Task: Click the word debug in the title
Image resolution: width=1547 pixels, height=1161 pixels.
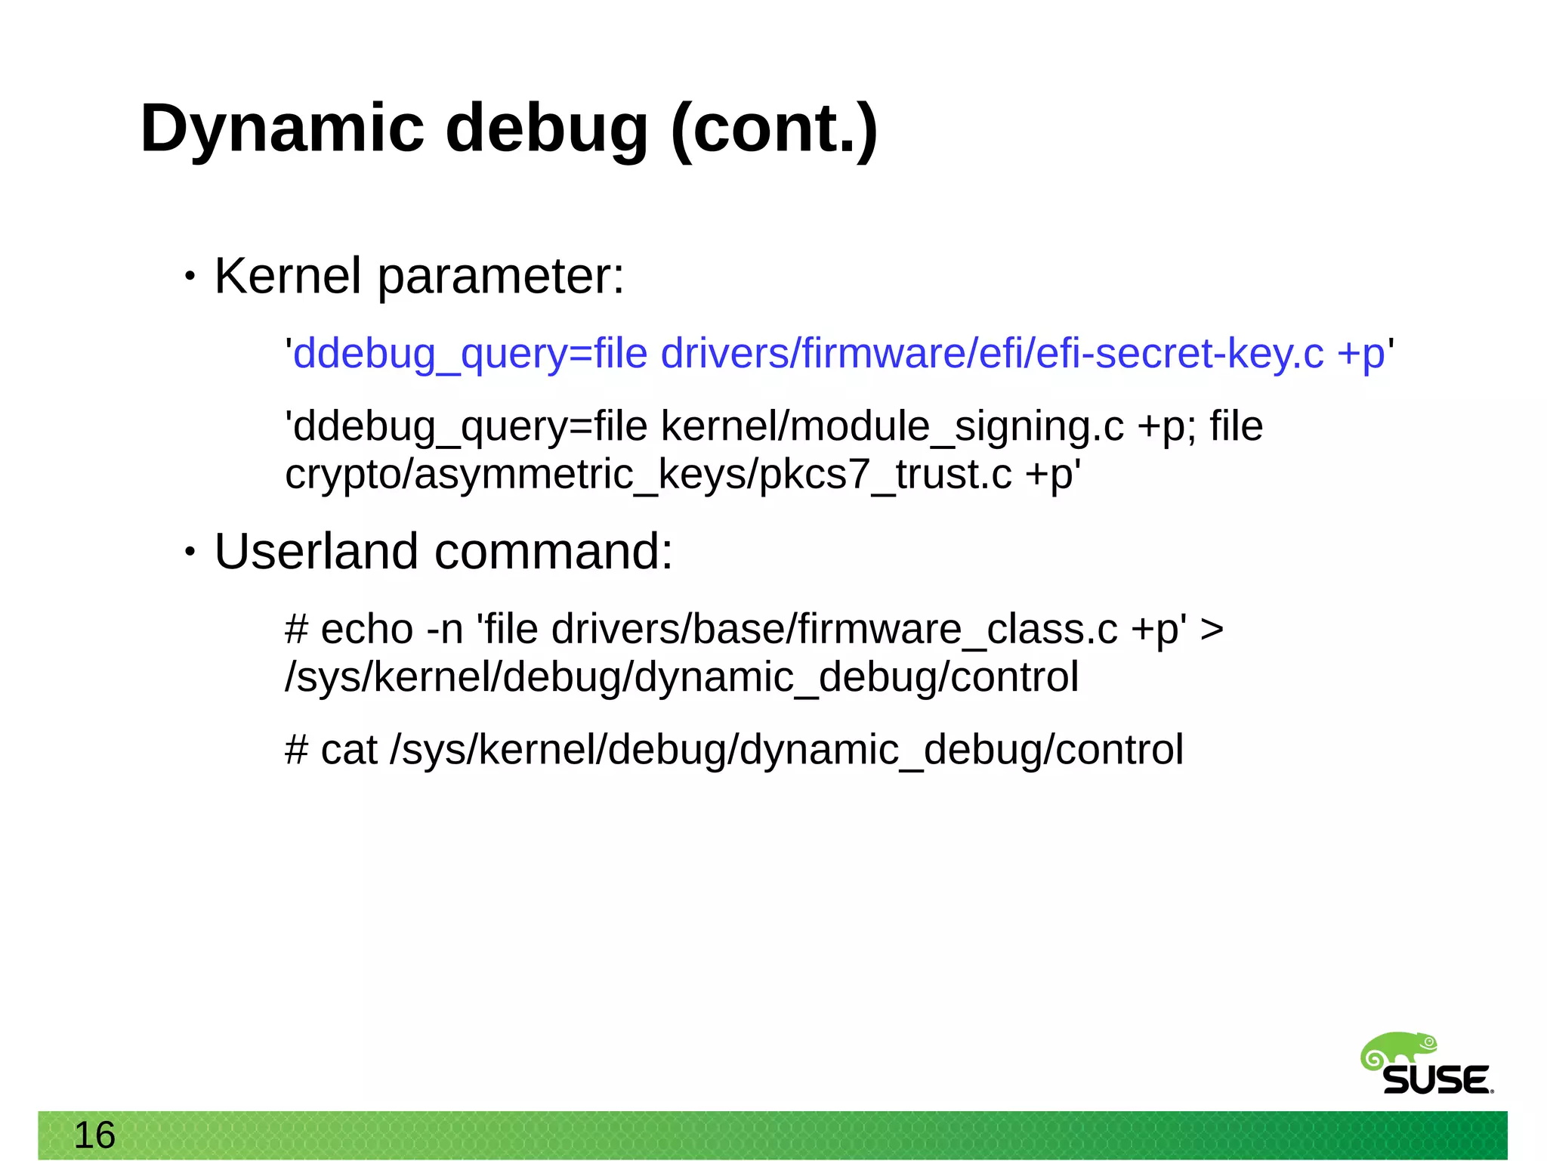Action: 546,128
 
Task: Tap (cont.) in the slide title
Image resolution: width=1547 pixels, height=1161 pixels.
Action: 773,128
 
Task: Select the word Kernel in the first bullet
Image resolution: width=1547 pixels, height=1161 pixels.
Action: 288,276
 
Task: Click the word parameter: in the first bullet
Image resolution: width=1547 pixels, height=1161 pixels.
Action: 501,277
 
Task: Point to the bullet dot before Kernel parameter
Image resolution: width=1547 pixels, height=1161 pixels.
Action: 190,277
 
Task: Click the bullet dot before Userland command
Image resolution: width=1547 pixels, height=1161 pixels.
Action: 190,553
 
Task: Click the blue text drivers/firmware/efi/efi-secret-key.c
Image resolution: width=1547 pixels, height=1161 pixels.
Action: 992,354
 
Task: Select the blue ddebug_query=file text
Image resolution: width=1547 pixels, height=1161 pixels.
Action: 470,354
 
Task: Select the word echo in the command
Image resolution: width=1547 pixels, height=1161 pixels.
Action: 367,629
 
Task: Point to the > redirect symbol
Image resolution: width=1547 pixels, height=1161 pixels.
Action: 1211,630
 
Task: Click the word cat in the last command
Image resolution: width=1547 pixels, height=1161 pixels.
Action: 348,750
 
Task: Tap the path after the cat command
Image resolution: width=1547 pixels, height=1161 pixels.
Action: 786,750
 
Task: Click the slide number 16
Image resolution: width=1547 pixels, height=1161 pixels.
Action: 94,1135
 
